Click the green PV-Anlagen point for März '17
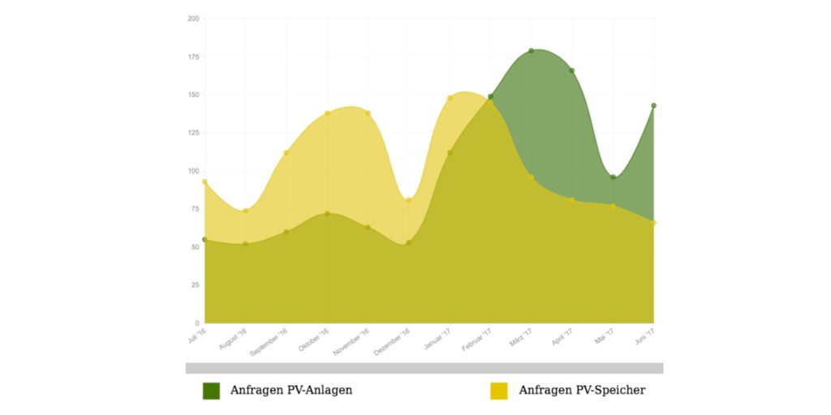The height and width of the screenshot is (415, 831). click(532, 51)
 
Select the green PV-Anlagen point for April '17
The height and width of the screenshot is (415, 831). click(572, 71)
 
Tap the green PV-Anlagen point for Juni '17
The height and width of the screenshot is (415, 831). click(653, 105)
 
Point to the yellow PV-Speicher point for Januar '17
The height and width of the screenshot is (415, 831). click(450, 98)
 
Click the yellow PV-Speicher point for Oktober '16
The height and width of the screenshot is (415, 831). click(327, 113)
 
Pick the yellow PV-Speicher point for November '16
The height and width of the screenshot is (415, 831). click(368, 113)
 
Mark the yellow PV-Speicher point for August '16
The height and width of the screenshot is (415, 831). click(245, 211)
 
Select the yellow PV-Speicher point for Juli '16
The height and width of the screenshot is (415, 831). click(205, 182)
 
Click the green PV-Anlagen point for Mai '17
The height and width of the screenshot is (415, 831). click(613, 177)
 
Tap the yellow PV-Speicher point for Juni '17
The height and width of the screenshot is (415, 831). click(653, 223)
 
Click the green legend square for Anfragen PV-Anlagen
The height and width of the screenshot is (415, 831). click(211, 391)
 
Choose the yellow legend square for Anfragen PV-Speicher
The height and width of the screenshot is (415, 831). click(499, 391)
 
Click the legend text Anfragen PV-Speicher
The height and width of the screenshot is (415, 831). click(582, 391)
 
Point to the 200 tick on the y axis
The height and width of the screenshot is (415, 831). click(193, 19)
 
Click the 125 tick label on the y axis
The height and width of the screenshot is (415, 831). click(193, 133)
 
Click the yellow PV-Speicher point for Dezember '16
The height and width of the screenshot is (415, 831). click(409, 200)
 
